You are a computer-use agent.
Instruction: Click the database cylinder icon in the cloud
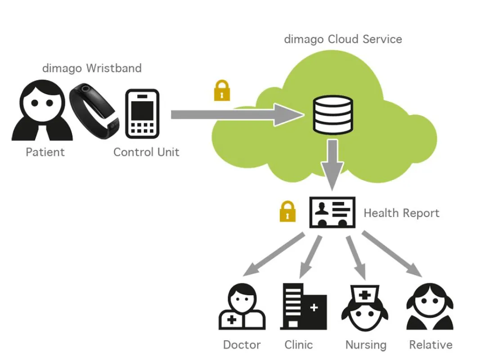[333, 115]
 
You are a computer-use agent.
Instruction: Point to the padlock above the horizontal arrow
[222, 90]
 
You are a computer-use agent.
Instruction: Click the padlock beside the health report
[288, 211]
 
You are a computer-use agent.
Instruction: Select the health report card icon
[332, 212]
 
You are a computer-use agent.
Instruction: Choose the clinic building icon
[304, 306]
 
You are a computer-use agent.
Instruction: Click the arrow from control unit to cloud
[238, 115]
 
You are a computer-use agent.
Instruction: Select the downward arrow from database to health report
[332, 165]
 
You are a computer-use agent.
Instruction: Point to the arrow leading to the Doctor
[274, 254]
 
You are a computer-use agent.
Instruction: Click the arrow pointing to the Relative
[392, 254]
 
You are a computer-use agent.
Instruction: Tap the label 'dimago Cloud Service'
[343, 39]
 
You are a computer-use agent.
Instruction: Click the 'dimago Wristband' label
[92, 68]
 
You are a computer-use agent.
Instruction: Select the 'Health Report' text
[401, 213]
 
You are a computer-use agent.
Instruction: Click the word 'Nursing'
[366, 345]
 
